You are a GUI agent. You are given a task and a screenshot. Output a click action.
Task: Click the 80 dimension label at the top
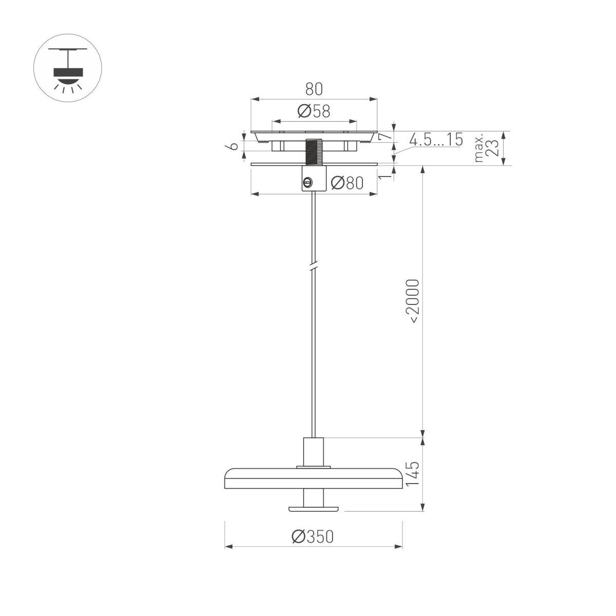click(x=314, y=89)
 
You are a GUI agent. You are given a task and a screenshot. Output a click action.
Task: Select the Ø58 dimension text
click(x=313, y=111)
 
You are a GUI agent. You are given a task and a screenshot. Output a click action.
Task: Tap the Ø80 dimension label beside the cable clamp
click(x=347, y=183)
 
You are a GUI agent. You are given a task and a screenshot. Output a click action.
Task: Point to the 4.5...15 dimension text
click(x=436, y=140)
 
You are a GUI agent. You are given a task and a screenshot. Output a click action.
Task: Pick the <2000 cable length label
click(x=413, y=301)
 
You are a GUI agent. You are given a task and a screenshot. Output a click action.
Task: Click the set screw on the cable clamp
click(x=308, y=181)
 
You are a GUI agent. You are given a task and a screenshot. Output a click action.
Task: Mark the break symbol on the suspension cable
click(x=313, y=267)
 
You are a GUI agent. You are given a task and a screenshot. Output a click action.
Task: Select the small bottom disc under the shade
click(x=313, y=509)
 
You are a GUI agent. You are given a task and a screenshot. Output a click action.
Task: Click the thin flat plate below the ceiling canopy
click(x=267, y=164)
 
